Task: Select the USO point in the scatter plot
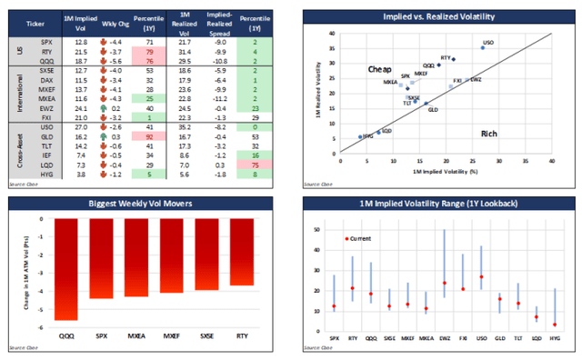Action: point(482,47)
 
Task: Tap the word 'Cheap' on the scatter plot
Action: point(379,69)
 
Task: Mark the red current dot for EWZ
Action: point(445,283)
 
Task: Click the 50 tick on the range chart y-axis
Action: point(318,229)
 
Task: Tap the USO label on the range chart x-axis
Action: point(480,336)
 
